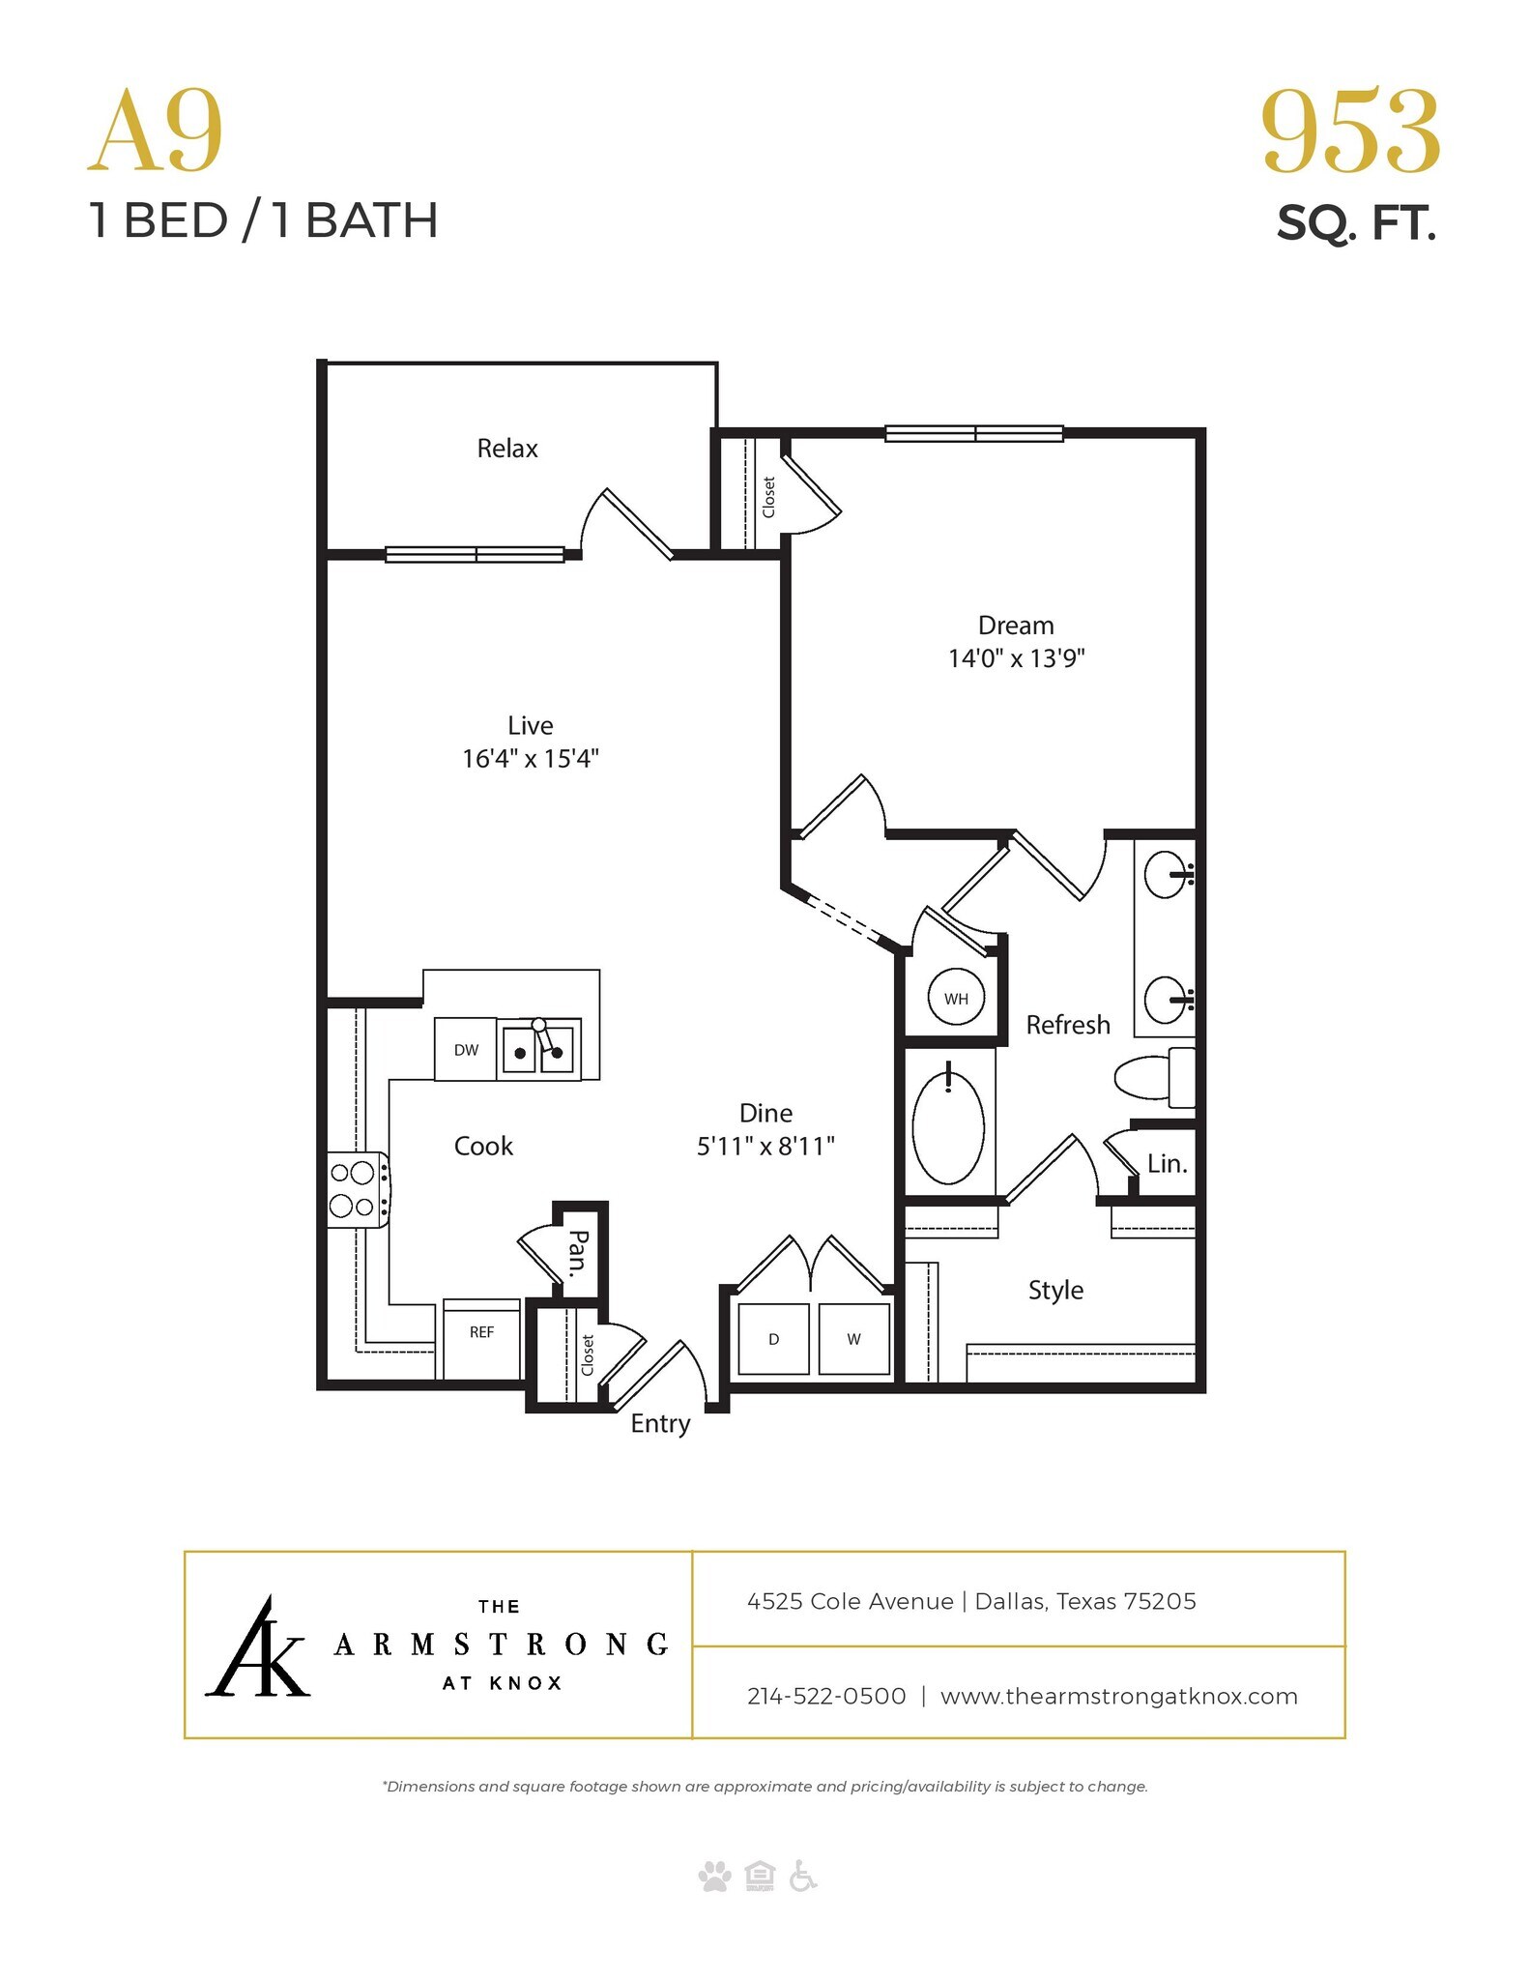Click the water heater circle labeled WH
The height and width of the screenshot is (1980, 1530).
pos(956,998)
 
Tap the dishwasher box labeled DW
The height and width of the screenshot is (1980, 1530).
pos(466,1050)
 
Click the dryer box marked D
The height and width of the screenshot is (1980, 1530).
pos(773,1339)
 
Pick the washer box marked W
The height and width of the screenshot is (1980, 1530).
pos(853,1339)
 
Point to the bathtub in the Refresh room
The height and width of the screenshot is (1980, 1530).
pos(948,1126)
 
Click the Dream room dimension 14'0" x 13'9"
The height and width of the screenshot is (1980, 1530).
pos(1016,658)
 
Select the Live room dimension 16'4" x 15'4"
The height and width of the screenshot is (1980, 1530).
pos(530,758)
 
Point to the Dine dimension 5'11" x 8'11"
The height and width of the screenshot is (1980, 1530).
pos(765,1147)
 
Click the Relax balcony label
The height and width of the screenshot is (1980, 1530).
pos(507,449)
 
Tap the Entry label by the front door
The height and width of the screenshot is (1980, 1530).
pos(660,1423)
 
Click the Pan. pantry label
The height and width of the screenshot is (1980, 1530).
pos(578,1253)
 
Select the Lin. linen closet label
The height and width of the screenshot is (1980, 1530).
pos(1167,1164)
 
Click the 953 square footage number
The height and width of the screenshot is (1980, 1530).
pos(1350,132)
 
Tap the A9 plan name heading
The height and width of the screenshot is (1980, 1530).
pos(156,132)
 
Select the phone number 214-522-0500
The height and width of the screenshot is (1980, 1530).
pos(826,1696)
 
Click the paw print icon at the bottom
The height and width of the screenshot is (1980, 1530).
pos(715,1877)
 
